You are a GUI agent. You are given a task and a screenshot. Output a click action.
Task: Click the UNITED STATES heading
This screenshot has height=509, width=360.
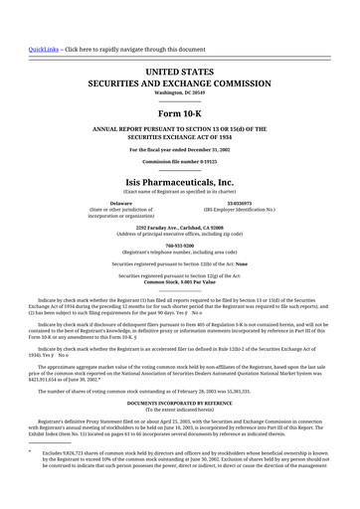click(x=179, y=73)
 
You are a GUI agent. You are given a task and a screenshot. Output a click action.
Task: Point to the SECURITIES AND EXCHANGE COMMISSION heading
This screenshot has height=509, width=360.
click(x=179, y=86)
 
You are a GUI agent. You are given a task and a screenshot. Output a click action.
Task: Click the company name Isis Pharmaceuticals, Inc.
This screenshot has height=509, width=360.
click(x=179, y=182)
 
